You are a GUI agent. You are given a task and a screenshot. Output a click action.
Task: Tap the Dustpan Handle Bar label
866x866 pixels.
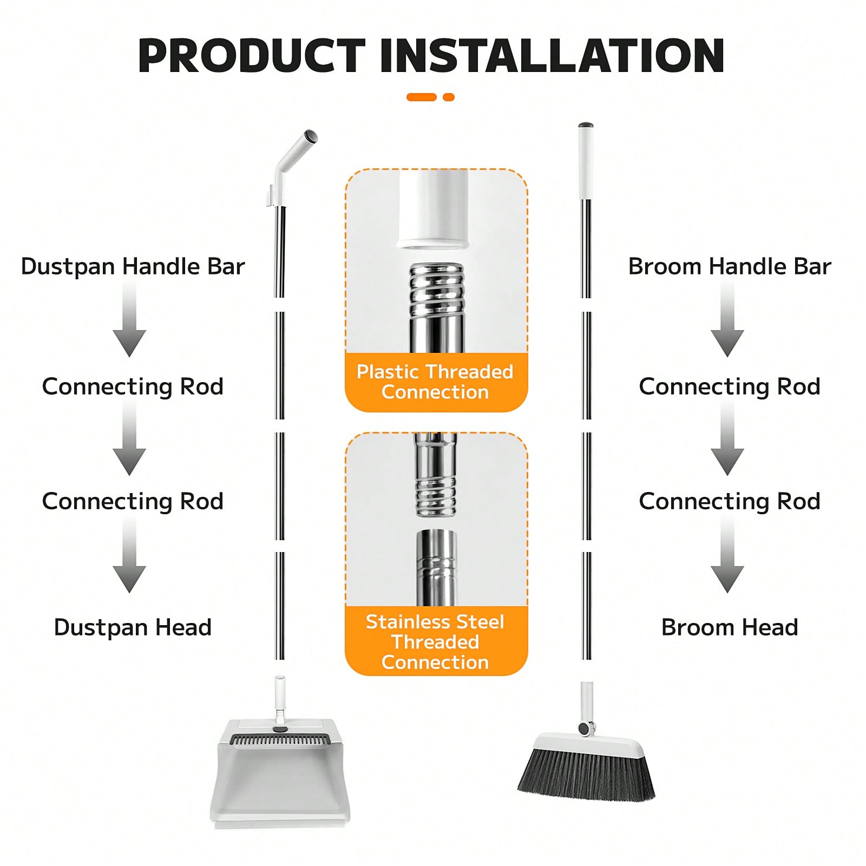coord(133,267)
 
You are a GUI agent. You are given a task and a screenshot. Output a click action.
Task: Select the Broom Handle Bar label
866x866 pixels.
coord(730,267)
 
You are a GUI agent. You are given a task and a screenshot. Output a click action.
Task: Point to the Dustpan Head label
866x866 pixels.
coord(133,627)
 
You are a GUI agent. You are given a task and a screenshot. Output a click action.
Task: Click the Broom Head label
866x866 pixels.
coord(730,627)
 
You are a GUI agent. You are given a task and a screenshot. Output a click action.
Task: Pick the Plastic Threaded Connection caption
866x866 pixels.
coord(435,382)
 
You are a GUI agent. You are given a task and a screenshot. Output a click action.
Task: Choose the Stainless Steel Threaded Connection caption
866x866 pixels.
coord(435,642)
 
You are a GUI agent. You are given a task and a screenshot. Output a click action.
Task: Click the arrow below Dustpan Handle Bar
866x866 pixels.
coord(129,319)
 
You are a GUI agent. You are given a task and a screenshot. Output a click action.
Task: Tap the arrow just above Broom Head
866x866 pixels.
coord(727,555)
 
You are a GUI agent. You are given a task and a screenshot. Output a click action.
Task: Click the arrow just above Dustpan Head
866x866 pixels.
coord(129,555)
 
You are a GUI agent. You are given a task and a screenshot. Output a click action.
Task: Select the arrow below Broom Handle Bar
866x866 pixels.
coord(727,319)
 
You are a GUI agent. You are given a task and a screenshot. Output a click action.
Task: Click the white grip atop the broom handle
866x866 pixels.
coord(586,161)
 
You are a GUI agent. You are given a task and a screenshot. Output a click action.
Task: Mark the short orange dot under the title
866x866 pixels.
coord(448,97)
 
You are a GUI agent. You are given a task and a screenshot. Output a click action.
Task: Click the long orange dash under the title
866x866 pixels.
coord(422,97)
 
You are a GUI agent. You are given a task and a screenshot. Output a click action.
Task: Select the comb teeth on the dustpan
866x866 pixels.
coord(279,739)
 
